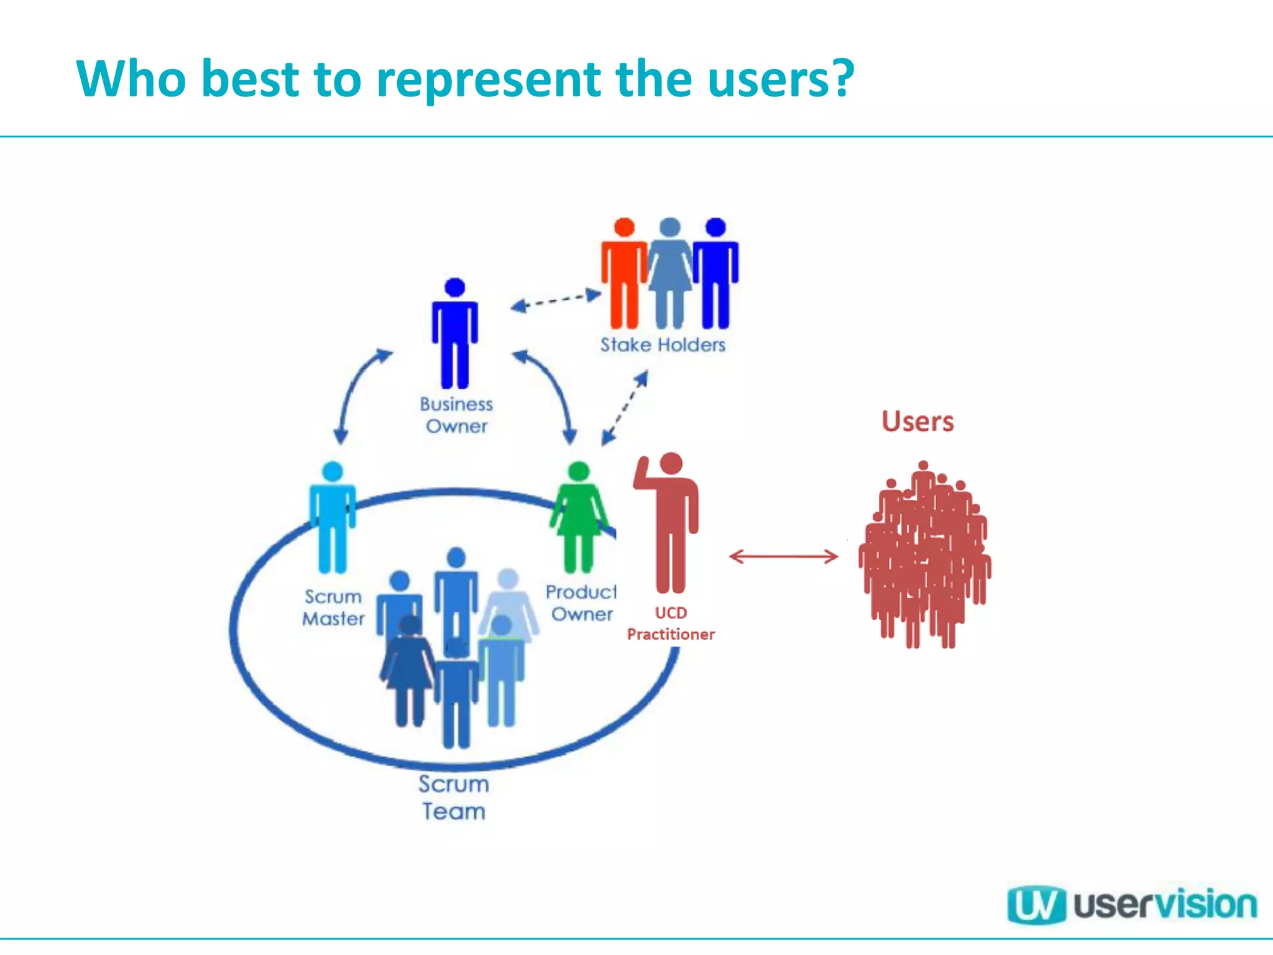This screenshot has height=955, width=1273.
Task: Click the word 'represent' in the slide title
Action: [489, 80]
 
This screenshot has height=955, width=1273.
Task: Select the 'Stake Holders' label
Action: [663, 345]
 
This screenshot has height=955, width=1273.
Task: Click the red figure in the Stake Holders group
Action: [623, 274]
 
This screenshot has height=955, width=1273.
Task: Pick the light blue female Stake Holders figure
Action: [669, 274]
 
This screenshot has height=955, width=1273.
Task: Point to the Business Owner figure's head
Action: [455, 287]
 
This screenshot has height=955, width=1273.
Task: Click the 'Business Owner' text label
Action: [456, 415]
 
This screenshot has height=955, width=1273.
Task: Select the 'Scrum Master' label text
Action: [333, 607]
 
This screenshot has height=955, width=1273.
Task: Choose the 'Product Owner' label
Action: [581, 603]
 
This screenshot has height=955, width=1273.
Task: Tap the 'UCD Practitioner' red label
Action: [671, 624]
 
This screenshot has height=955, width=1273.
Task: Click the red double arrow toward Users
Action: [783, 556]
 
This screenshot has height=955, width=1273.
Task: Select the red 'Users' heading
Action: [917, 422]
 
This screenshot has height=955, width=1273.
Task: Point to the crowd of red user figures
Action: [924, 553]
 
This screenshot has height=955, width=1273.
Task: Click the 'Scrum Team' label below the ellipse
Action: [454, 798]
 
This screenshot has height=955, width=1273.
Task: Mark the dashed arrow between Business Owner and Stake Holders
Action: [555, 300]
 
